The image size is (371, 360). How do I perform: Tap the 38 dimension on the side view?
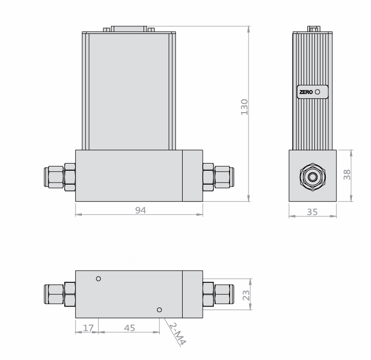[x=347, y=175]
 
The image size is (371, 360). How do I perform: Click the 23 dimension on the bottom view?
[x=246, y=295]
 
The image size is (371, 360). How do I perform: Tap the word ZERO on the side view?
[x=306, y=92]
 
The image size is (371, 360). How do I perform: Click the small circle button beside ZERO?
[x=317, y=92]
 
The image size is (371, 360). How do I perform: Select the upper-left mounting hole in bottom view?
[x=99, y=279]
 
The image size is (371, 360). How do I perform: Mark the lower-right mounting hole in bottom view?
[x=160, y=310]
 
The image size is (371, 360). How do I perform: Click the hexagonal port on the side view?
[x=312, y=176]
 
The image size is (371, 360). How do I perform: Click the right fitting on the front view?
[x=217, y=176]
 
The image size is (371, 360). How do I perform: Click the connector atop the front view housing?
[x=129, y=29]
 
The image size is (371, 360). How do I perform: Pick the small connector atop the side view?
[x=312, y=28]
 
